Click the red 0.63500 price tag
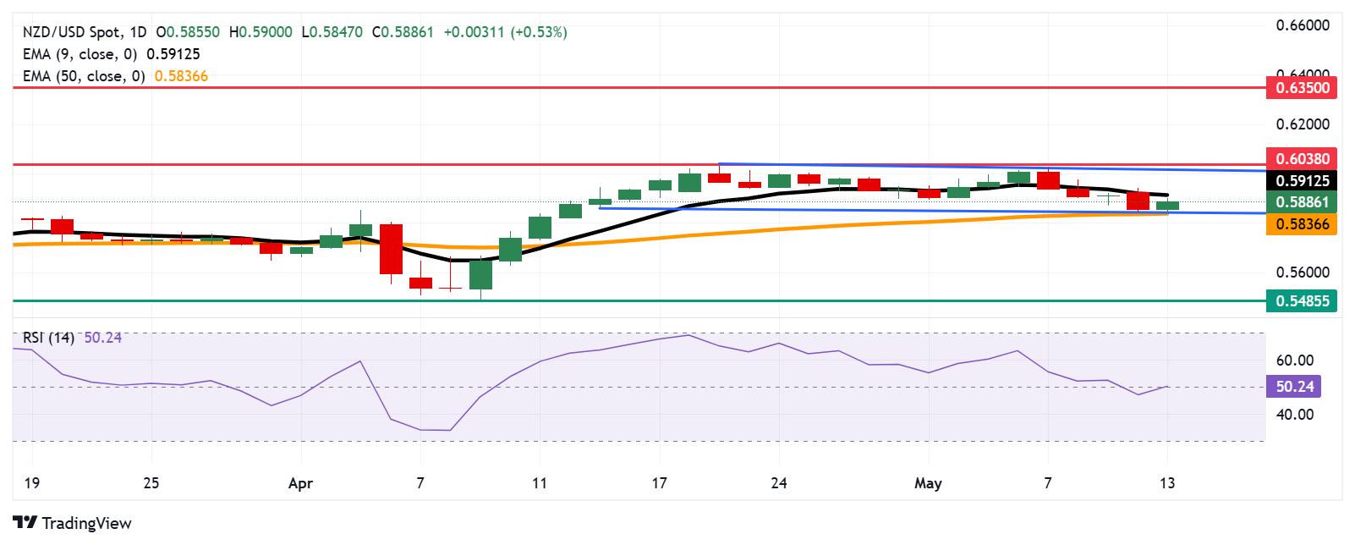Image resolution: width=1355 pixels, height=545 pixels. pos(1302,88)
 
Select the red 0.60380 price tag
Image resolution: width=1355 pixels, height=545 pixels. pos(1302,159)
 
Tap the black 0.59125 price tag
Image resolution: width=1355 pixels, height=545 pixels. pos(1302,181)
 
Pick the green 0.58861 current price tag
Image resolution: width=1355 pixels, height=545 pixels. pos(1302,202)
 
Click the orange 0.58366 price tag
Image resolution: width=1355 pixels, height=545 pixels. pos(1302,224)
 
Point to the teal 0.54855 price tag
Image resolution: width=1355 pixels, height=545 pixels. pos(1302,301)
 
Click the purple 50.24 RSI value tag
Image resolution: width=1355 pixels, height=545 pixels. pos(1294,387)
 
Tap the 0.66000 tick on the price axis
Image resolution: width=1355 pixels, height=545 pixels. pos(1303,25)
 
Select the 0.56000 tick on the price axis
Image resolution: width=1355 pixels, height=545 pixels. pos(1303,272)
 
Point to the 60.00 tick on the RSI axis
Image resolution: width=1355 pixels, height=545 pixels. pos(1295,361)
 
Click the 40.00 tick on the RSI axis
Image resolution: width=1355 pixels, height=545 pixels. pos(1295,415)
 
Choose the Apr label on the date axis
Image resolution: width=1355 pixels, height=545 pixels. pos(300,484)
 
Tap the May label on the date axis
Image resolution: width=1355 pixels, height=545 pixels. pos(928,483)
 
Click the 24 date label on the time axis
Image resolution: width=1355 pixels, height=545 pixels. pos(778,483)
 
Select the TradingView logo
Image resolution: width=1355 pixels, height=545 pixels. pos(73,523)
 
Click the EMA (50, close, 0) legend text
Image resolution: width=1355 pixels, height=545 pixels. pos(84,76)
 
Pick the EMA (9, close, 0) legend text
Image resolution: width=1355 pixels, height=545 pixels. pos(80,54)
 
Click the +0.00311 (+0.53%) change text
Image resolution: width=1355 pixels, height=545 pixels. pos(505,32)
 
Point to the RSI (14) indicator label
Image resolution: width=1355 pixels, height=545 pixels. pos(48,338)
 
